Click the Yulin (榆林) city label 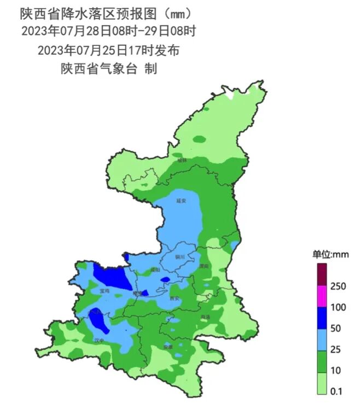[x=182, y=160]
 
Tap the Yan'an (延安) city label [x=182, y=201]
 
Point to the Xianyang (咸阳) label [x=155, y=270]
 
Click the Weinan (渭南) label [x=204, y=266]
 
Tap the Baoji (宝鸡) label [x=104, y=291]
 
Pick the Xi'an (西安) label [x=175, y=298]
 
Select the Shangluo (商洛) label [x=205, y=317]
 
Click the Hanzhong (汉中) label [x=99, y=340]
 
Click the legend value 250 [x=339, y=286]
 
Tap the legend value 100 [x=339, y=308]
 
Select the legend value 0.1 [x=337, y=391]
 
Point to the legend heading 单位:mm [x=330, y=254]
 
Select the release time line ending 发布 [x=109, y=50]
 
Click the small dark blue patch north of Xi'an [x=165, y=281]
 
